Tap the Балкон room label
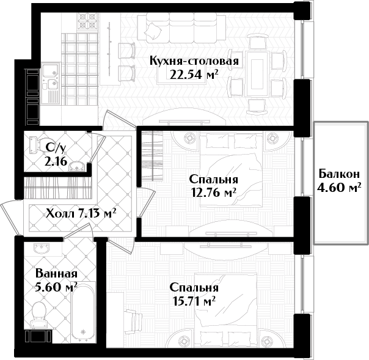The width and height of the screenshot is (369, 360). [x=339, y=174]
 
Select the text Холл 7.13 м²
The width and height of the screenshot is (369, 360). [x=81, y=213]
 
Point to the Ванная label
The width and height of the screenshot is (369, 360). [x=56, y=274]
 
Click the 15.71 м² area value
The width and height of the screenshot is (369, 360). [x=194, y=301]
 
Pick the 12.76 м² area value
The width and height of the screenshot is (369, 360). [x=214, y=193]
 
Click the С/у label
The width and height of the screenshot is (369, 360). [x=56, y=148]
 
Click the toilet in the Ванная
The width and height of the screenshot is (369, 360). [x=39, y=314]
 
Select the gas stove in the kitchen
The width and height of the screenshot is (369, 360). [x=87, y=22]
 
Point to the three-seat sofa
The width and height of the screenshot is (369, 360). [x=181, y=28]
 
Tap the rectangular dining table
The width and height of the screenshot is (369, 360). [x=257, y=73]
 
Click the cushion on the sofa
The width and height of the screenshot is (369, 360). [x=153, y=31]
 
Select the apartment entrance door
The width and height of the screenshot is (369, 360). [x=10, y=218]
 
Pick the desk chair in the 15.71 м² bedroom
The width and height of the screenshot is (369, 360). [x=133, y=323]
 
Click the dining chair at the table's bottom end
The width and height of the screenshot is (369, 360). [x=257, y=106]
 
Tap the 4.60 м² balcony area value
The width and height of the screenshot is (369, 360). [x=339, y=188]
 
